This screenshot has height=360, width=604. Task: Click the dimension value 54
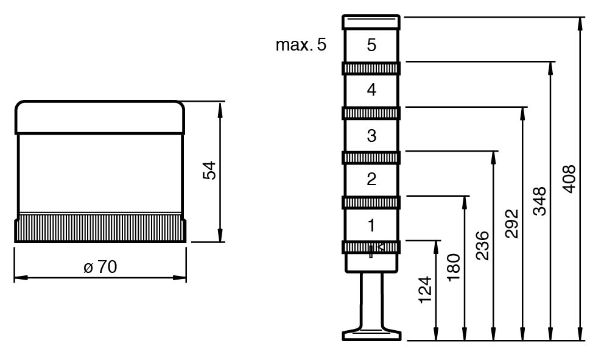(x=209, y=171)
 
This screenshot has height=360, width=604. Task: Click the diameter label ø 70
(x=100, y=267)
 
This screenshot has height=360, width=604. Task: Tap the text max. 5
(x=301, y=44)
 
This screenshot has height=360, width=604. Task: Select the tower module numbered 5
(x=371, y=45)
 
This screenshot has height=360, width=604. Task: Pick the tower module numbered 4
(x=371, y=90)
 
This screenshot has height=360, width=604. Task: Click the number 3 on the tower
(x=372, y=136)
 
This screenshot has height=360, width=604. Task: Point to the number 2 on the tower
(x=372, y=179)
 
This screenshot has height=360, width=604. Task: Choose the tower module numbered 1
(x=371, y=225)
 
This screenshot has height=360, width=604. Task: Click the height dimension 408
(x=569, y=179)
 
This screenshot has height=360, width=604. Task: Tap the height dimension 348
(x=540, y=201)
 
